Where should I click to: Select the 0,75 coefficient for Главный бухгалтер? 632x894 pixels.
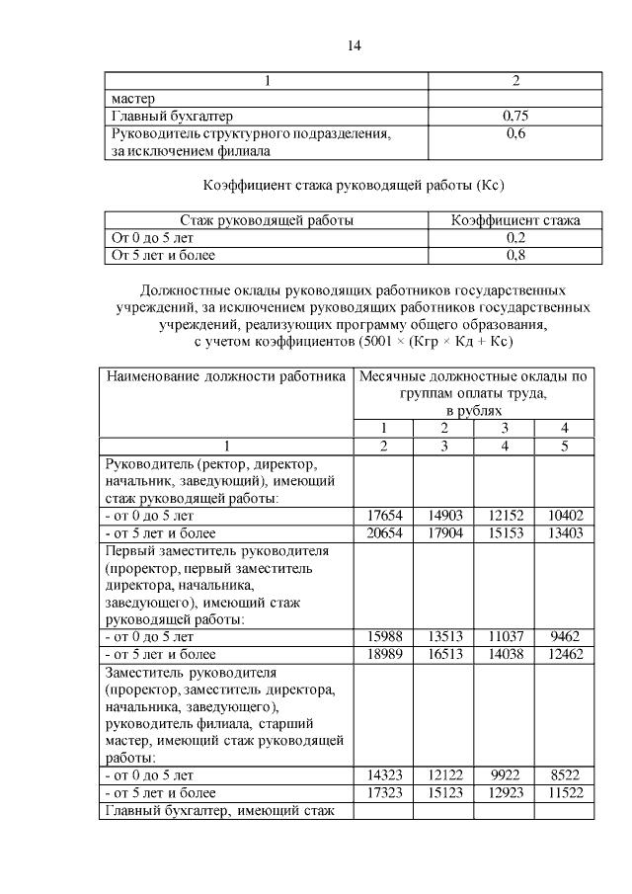click(x=514, y=116)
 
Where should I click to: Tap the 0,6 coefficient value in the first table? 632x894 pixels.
click(x=514, y=133)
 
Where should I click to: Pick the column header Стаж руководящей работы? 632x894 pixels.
click(x=267, y=220)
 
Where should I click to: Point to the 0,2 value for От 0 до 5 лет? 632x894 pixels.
click(x=514, y=238)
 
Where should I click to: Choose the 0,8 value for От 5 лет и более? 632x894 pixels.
click(x=514, y=255)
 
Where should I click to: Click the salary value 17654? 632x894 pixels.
click(x=383, y=516)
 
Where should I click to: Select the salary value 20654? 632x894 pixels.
click(x=383, y=533)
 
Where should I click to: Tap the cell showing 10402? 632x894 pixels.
click(x=564, y=516)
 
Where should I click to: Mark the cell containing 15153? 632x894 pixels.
click(x=504, y=533)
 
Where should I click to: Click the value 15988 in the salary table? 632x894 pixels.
click(x=383, y=637)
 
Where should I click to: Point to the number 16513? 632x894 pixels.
click(x=443, y=654)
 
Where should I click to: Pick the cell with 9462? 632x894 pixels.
click(x=564, y=637)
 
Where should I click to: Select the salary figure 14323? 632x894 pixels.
click(x=383, y=775)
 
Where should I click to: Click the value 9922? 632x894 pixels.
click(x=504, y=775)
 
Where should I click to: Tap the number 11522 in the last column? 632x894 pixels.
click(x=564, y=793)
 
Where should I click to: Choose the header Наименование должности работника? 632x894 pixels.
click(x=226, y=376)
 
